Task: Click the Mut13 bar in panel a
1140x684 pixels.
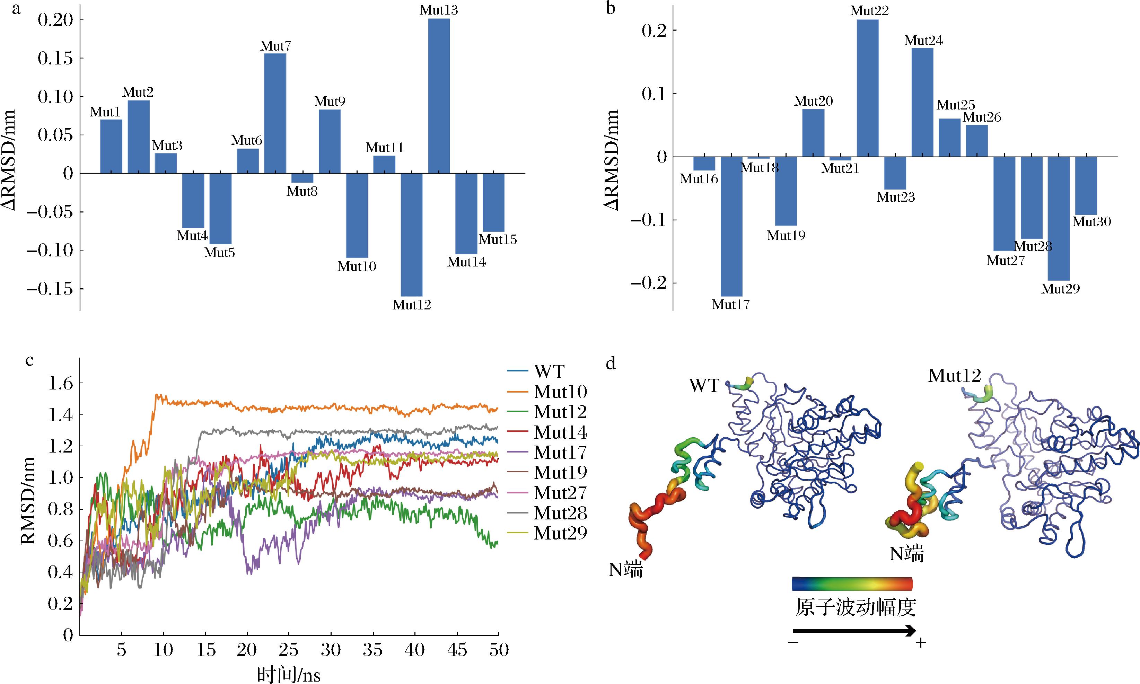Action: pos(439,96)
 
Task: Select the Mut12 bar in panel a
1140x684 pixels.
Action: pos(412,235)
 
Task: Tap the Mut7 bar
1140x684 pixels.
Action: pos(275,113)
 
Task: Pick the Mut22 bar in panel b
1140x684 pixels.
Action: pos(868,88)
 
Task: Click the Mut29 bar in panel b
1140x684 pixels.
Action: pos(1059,219)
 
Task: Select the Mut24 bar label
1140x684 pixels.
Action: pos(923,41)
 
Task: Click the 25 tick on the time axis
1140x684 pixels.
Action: pos(289,650)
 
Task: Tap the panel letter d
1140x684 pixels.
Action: pos(611,364)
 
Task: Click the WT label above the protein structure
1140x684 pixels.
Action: pos(704,385)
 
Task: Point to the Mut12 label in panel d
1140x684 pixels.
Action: pos(954,376)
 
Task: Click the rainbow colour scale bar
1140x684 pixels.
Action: pos(852,584)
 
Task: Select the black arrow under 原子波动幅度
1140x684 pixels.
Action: pos(854,631)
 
